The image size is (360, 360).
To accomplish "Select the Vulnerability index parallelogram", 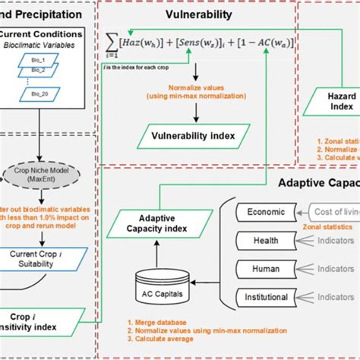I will (x=197, y=137).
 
